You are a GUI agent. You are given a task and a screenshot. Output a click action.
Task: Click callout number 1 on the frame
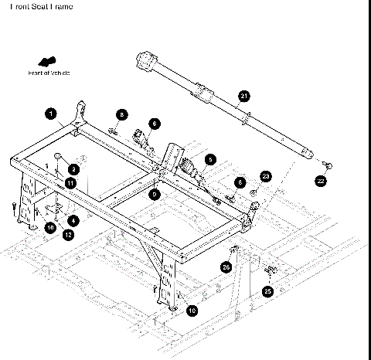[x=51, y=114]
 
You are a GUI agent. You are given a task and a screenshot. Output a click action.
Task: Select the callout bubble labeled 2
[x=73, y=168]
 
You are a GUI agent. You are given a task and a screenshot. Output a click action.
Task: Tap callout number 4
[x=73, y=220]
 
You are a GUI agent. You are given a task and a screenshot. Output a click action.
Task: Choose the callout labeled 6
[x=155, y=123]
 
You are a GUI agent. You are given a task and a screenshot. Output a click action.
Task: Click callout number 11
[x=70, y=183]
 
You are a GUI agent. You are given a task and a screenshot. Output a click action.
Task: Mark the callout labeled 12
[x=68, y=234]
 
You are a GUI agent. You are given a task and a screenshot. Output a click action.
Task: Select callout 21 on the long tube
[x=244, y=96]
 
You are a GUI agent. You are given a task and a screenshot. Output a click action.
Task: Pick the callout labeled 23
[x=266, y=176]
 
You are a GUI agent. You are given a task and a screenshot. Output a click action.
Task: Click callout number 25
[x=267, y=291]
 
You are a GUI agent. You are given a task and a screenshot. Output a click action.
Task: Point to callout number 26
[x=226, y=267]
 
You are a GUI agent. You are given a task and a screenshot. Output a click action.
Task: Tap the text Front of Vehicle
[x=49, y=73]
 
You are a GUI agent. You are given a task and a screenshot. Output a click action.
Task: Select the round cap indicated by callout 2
[x=59, y=157]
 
